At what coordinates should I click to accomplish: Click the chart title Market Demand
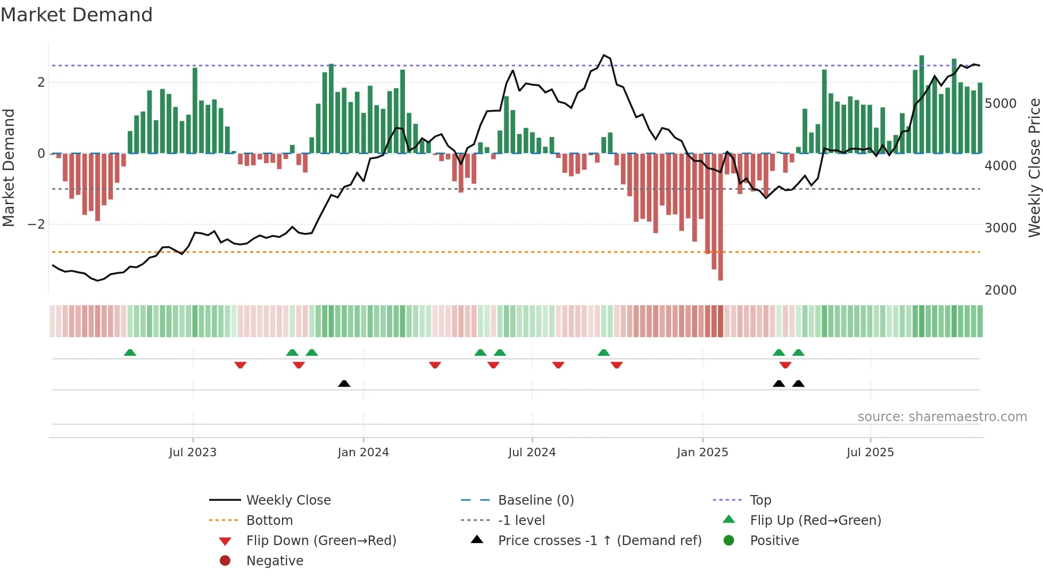77,15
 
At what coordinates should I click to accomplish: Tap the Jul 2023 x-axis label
193,453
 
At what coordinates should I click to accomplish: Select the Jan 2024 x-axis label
363,453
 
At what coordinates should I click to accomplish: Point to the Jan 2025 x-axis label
702,453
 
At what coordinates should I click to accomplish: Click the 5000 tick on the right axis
1000,104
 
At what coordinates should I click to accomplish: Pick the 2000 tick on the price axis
1000,290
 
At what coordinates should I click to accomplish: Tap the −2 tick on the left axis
37,224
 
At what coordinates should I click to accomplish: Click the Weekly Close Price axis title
1034,168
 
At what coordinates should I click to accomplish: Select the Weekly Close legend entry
288,500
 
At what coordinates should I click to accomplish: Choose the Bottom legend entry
269,521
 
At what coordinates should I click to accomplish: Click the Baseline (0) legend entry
536,500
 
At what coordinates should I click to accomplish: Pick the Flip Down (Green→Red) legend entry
321,541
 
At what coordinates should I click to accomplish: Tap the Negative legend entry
275,561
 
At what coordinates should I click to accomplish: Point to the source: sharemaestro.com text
942,417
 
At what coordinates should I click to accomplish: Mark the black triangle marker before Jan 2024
344,383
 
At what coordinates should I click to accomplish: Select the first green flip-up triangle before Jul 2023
130,353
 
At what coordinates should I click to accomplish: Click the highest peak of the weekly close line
603,55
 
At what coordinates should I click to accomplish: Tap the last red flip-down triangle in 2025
785,365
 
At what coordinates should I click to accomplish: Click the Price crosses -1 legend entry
600,541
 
